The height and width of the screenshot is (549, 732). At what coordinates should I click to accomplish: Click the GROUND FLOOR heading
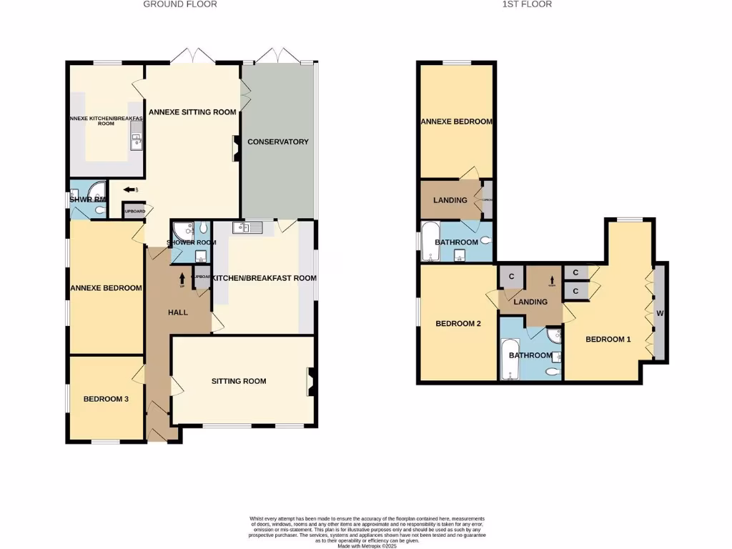pyautogui.click(x=180, y=4)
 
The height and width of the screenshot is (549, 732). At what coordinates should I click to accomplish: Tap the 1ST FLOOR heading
pyautogui.click(x=526, y=4)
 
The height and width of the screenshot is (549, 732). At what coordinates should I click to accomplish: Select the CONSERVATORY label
pyautogui.click(x=277, y=142)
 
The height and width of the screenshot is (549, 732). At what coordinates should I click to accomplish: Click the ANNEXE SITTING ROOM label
pyautogui.click(x=192, y=112)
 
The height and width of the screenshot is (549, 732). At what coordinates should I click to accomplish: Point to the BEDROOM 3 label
pyautogui.click(x=106, y=399)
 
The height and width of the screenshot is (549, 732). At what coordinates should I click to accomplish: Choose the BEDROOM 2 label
pyautogui.click(x=458, y=323)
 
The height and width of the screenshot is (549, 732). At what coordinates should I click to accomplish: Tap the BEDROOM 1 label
pyautogui.click(x=608, y=339)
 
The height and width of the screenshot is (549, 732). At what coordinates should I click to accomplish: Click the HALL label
pyautogui.click(x=178, y=312)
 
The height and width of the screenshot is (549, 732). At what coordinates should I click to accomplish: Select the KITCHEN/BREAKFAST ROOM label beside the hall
pyautogui.click(x=263, y=278)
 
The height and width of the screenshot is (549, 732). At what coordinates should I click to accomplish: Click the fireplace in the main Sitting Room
pyautogui.click(x=310, y=381)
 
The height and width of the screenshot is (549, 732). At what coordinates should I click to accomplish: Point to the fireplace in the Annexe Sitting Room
pyautogui.click(x=235, y=149)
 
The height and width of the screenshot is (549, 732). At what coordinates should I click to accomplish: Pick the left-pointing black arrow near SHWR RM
pyautogui.click(x=129, y=190)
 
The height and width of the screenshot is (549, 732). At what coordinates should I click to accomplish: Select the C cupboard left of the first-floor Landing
pyautogui.click(x=512, y=277)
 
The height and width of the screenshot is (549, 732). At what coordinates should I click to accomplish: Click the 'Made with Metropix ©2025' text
pyautogui.click(x=366, y=547)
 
